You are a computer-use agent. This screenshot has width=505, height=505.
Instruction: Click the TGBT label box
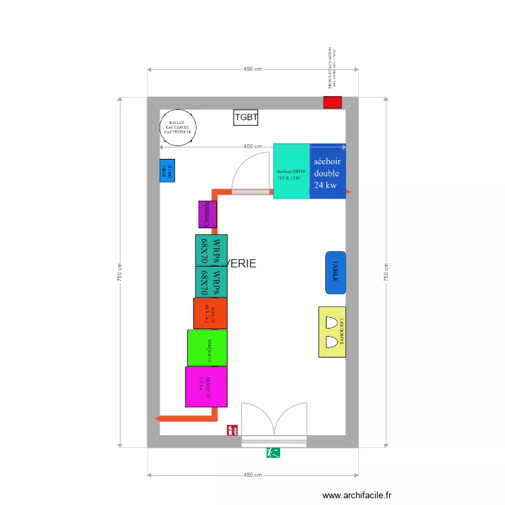(246, 118)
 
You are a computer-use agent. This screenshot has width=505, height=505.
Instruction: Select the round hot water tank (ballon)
(178, 128)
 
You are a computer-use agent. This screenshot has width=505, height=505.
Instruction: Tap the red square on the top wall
(332, 102)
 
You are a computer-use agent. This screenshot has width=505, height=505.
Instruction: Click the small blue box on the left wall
(167, 170)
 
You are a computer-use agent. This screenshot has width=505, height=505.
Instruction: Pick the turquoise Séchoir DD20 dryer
(291, 171)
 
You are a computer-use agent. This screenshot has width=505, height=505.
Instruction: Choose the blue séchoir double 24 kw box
(328, 171)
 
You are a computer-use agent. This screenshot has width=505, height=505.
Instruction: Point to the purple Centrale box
(207, 214)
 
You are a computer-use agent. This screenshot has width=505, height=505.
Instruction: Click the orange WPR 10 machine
(210, 313)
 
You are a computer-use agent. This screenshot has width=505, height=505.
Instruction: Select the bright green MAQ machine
(207, 347)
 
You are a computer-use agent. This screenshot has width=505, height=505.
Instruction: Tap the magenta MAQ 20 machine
(206, 386)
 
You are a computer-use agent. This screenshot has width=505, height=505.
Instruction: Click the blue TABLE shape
(335, 273)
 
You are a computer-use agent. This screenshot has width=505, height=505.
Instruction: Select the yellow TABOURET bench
(332, 332)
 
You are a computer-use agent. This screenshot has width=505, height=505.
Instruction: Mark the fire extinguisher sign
(232, 430)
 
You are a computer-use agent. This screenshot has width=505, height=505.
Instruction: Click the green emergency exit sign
(273, 453)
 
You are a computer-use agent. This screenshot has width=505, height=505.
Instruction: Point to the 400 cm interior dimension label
(252, 147)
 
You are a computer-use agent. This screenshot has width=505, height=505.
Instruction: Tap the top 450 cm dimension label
(252, 69)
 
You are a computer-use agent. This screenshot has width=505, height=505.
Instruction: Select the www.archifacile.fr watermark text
(356, 496)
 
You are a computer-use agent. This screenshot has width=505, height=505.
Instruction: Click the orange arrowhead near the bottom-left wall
(158, 418)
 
